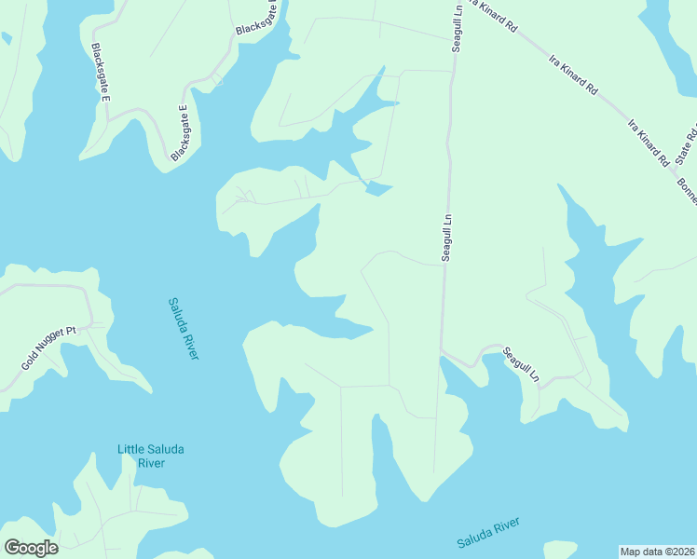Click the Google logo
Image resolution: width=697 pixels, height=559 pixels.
(x=31, y=547)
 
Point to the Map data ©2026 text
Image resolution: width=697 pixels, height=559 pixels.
(x=657, y=551)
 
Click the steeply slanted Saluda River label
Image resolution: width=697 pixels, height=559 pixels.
(x=184, y=328)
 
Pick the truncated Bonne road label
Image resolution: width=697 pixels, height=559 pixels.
(x=687, y=191)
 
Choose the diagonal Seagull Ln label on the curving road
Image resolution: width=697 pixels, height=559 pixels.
(x=520, y=364)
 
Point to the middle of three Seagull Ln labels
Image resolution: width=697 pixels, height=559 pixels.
(x=446, y=239)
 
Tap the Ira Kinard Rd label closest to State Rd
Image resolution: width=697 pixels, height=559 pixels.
(x=649, y=142)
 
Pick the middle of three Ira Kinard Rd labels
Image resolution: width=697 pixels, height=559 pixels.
(x=573, y=76)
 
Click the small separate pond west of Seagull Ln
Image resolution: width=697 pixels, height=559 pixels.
(x=377, y=189)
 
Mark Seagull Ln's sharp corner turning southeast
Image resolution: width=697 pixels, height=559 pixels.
(x=443, y=352)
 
